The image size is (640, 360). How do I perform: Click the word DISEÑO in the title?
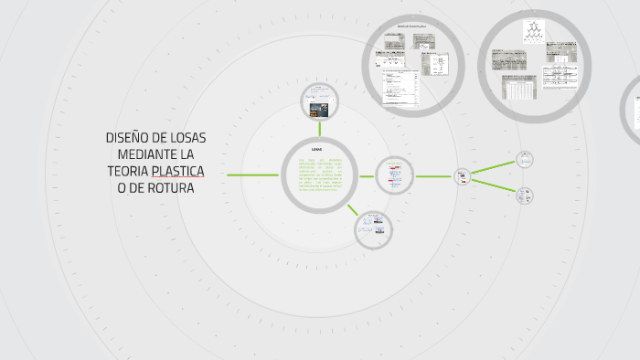coord(125,138)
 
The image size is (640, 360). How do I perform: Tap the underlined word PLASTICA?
coord(178,172)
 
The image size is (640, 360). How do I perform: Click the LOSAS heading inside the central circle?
coord(316,149)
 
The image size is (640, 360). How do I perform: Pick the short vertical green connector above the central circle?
coord(318,129)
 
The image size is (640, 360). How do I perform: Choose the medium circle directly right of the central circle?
coord(395,175)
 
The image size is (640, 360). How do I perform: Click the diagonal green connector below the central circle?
coord(352,208)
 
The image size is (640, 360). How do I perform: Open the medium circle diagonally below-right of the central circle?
coord(373,228)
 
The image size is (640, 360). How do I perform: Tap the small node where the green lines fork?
coord(463,176)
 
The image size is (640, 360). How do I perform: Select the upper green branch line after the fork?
coord(494,166)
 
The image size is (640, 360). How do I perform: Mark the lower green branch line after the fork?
coord(494,185)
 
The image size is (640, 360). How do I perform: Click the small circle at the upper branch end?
coord(524,159)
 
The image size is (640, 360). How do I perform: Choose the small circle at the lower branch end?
coord(524,195)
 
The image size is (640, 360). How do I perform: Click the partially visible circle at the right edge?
coord(633,108)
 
